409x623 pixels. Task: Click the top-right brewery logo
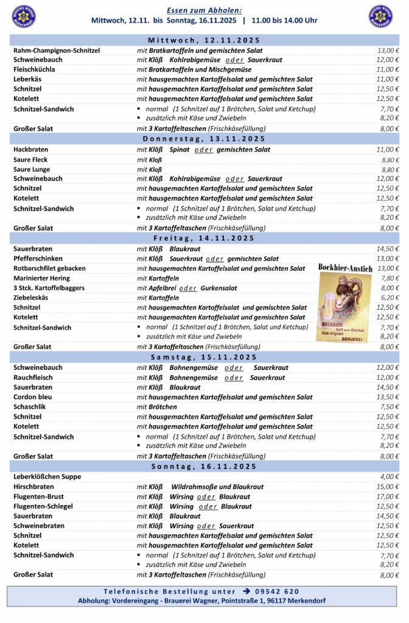tap(381, 16)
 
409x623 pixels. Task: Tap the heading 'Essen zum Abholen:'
tap(204, 10)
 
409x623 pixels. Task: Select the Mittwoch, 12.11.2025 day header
tap(204, 40)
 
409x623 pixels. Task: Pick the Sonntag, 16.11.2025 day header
tap(204, 467)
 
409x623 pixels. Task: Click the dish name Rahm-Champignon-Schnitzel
tap(57, 50)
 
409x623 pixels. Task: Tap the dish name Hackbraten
tap(30, 150)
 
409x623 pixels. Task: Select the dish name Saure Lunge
tap(32, 169)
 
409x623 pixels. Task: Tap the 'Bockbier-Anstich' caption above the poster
tap(345, 267)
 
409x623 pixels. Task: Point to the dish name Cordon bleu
tap(33, 397)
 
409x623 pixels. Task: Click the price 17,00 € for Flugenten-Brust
tap(388, 496)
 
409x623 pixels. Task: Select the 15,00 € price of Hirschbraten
tap(388, 487)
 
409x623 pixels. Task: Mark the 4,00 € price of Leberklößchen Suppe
tap(390, 477)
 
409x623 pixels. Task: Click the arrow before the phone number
tap(246, 591)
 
